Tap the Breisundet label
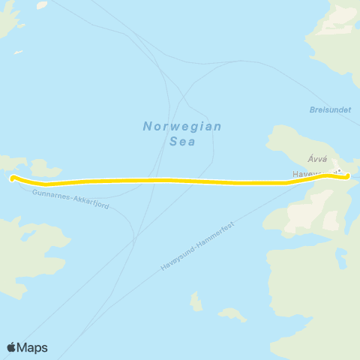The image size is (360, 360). click(330, 109)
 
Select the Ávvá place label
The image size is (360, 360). click(316, 158)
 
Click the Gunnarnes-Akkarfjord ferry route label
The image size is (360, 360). click(70, 199)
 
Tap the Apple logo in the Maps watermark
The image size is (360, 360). click(12, 347)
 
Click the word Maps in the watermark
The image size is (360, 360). click(33, 347)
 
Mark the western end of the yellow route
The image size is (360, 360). click(13, 178)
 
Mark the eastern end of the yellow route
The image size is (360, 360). click(346, 176)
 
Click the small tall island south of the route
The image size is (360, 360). click(196, 301)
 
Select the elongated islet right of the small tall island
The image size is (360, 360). click(232, 314)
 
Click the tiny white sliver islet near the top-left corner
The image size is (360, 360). click(18, 52)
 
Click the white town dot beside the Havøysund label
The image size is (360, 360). click(339, 172)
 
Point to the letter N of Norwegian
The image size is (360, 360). click(147, 126)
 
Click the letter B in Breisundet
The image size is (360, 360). click(312, 109)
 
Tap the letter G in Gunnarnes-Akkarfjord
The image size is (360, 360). click(35, 192)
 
